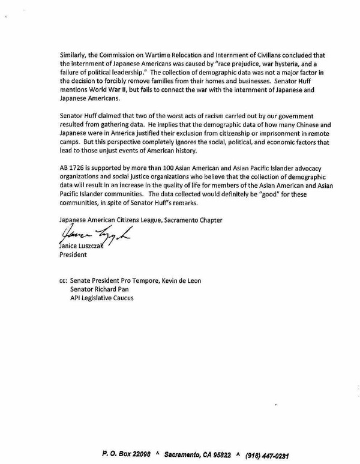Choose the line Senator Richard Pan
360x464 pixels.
(100, 289)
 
